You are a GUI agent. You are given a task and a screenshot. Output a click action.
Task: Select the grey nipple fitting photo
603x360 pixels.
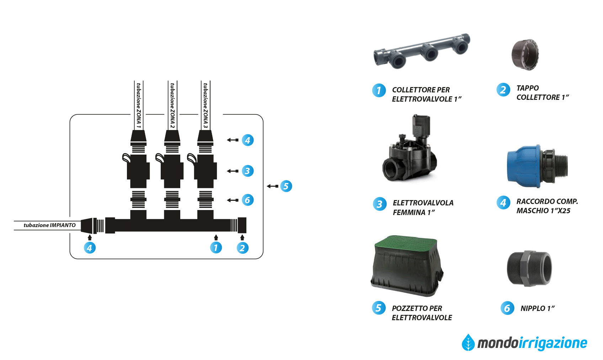pos(529,269)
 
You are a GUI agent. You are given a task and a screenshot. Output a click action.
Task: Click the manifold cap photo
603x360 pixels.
pos(525,55)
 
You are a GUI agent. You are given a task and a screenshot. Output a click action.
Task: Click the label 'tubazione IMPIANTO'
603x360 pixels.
pos(49,225)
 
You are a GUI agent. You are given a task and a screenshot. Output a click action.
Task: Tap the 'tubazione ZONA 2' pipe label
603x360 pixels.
pos(172,105)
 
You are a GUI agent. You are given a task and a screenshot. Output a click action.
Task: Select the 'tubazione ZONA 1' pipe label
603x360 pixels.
pos(139,105)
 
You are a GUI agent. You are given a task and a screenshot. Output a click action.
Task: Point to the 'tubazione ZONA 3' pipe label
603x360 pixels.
pos(205,105)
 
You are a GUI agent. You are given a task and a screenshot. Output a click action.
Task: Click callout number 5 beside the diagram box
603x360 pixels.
pos(286,186)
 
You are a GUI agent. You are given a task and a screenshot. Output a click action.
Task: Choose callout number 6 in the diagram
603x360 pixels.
pos(247,200)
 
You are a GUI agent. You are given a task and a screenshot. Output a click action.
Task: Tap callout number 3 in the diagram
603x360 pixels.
pos(247,171)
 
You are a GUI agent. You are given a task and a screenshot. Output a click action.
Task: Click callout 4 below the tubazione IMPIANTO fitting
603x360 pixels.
pos(90,248)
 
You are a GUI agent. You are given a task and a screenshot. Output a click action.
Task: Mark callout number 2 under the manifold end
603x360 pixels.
pos(242,248)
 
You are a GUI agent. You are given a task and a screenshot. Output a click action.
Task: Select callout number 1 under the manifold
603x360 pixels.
pos(216,247)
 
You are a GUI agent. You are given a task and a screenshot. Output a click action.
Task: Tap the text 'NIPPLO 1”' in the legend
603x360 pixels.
pos(537,308)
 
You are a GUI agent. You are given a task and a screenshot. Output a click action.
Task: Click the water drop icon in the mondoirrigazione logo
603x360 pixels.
pos(468,343)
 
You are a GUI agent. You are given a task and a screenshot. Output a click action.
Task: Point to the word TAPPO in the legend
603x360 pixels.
pos(527,88)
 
